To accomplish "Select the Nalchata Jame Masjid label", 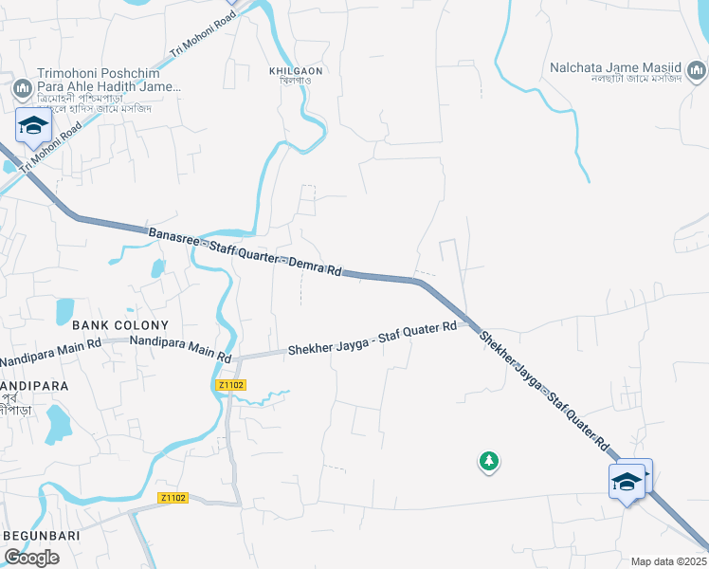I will pos(616,67).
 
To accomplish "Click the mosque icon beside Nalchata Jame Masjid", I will pos(696,70).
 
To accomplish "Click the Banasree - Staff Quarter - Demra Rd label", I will pos(245,251).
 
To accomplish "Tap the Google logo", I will pos(31,558).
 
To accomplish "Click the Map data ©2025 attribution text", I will pos(667,561).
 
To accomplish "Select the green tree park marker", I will pos(488,462).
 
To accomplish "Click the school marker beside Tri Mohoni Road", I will pos(33,126).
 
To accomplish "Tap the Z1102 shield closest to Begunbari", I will pos(173,498).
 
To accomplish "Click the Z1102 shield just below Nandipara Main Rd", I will pos(230,385).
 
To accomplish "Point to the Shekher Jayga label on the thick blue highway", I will pos(543,388).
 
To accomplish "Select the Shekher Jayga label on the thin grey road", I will pos(373,338).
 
